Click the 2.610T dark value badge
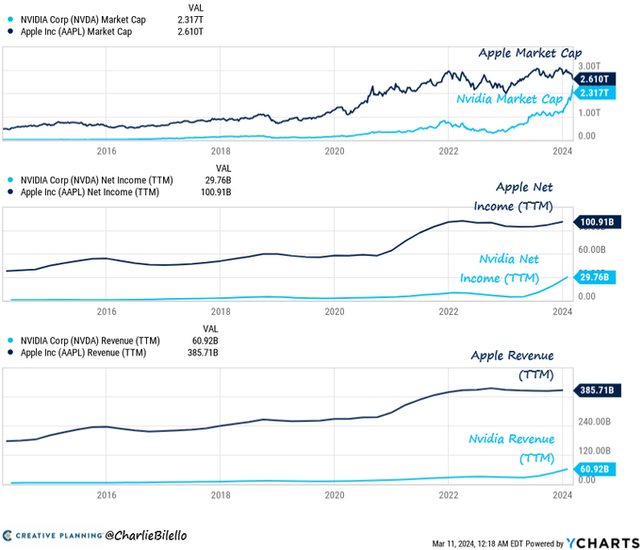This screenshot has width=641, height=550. click(596, 78)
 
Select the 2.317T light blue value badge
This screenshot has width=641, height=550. click(596, 92)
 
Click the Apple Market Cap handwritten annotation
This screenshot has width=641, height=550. click(530, 54)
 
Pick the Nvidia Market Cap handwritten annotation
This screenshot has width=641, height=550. click(509, 99)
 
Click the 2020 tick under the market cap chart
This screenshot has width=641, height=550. click(335, 150)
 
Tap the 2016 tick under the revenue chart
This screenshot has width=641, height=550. click(106, 493)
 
